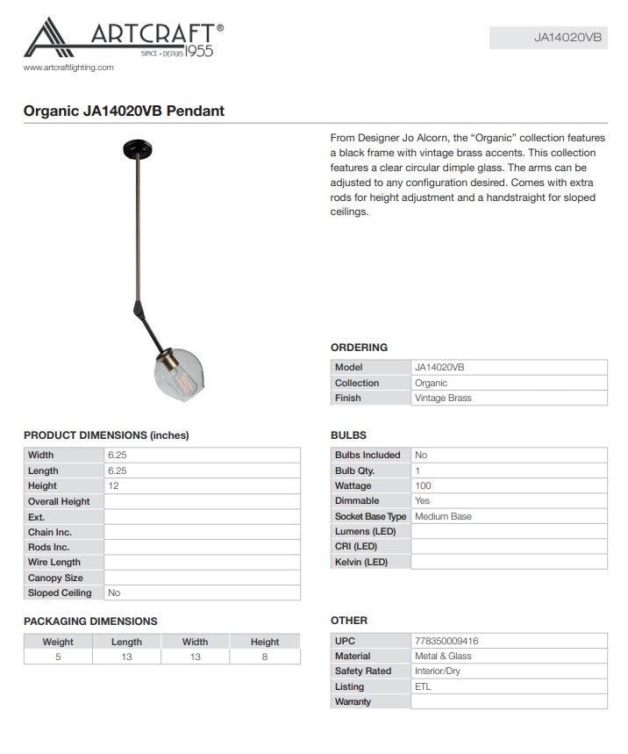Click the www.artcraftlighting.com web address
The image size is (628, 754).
point(68,68)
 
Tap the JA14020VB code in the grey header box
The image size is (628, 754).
point(567,38)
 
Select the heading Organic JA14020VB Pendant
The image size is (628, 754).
point(124,111)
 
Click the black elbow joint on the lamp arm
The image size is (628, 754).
point(140,307)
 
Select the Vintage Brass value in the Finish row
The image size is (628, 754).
point(443,398)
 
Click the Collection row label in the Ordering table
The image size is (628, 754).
point(357,383)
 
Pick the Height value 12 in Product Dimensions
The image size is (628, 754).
point(113,485)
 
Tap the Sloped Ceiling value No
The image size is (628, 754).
point(114,593)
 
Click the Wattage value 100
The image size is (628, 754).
point(424,485)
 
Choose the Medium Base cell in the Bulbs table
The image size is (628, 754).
point(443,516)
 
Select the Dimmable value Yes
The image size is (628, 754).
point(423,501)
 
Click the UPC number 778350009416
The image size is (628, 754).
point(446,641)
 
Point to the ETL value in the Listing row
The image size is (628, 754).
point(423,686)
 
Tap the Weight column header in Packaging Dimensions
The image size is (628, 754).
point(58,642)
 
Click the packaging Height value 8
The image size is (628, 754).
point(264,657)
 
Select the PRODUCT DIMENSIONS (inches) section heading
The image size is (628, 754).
point(106,435)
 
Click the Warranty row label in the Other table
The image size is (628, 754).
point(353,702)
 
